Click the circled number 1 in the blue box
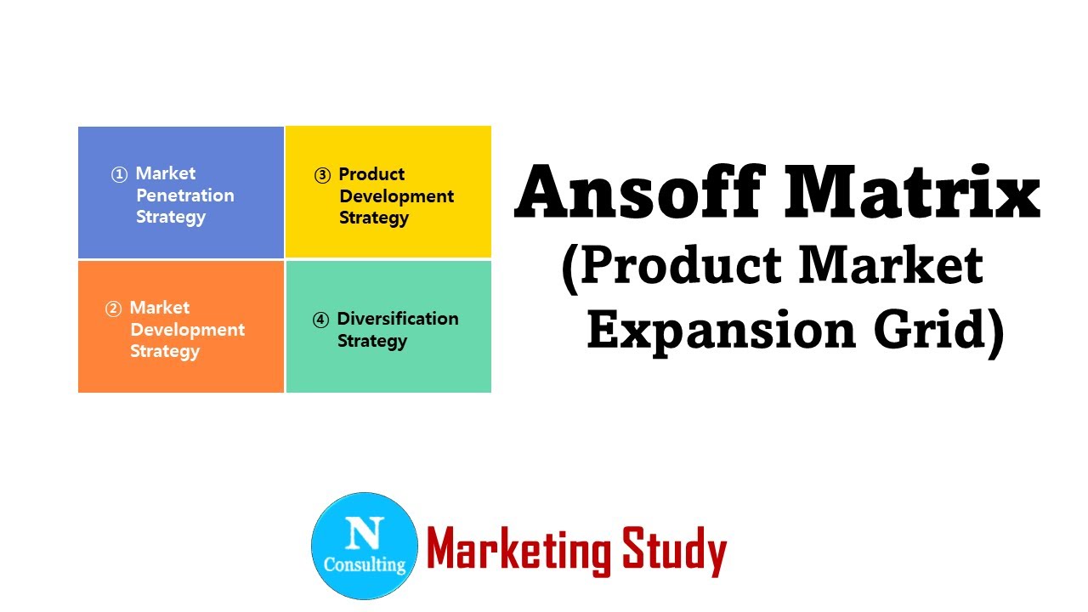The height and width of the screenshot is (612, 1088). [119, 174]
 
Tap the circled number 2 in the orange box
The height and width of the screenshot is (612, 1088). [113, 309]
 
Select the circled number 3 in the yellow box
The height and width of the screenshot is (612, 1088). [322, 176]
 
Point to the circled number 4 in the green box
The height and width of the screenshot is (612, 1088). [320, 320]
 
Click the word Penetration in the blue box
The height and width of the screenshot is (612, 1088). [184, 195]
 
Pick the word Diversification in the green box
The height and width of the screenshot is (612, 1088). [398, 319]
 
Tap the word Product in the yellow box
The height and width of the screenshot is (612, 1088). [371, 174]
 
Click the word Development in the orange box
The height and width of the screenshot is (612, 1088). [187, 330]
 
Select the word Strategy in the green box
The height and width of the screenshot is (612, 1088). [372, 341]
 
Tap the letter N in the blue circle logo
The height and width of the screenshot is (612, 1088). [365, 533]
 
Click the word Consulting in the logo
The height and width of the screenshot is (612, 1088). [365, 564]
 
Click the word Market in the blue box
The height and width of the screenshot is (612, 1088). [166, 173]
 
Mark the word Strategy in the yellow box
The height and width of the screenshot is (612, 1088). [374, 218]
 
